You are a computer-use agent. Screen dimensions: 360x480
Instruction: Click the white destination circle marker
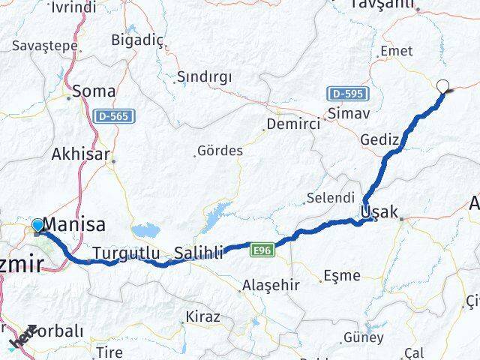tap(443, 87)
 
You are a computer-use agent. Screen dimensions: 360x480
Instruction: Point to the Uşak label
tap(379, 212)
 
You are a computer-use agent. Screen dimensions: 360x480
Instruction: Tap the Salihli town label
tap(199, 253)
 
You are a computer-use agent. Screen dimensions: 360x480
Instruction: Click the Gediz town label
tap(378, 140)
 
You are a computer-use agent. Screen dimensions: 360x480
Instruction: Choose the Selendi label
tap(331, 198)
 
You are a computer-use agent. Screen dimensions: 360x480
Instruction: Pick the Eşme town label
tap(342, 276)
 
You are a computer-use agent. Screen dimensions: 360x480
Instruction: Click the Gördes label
tap(220, 151)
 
